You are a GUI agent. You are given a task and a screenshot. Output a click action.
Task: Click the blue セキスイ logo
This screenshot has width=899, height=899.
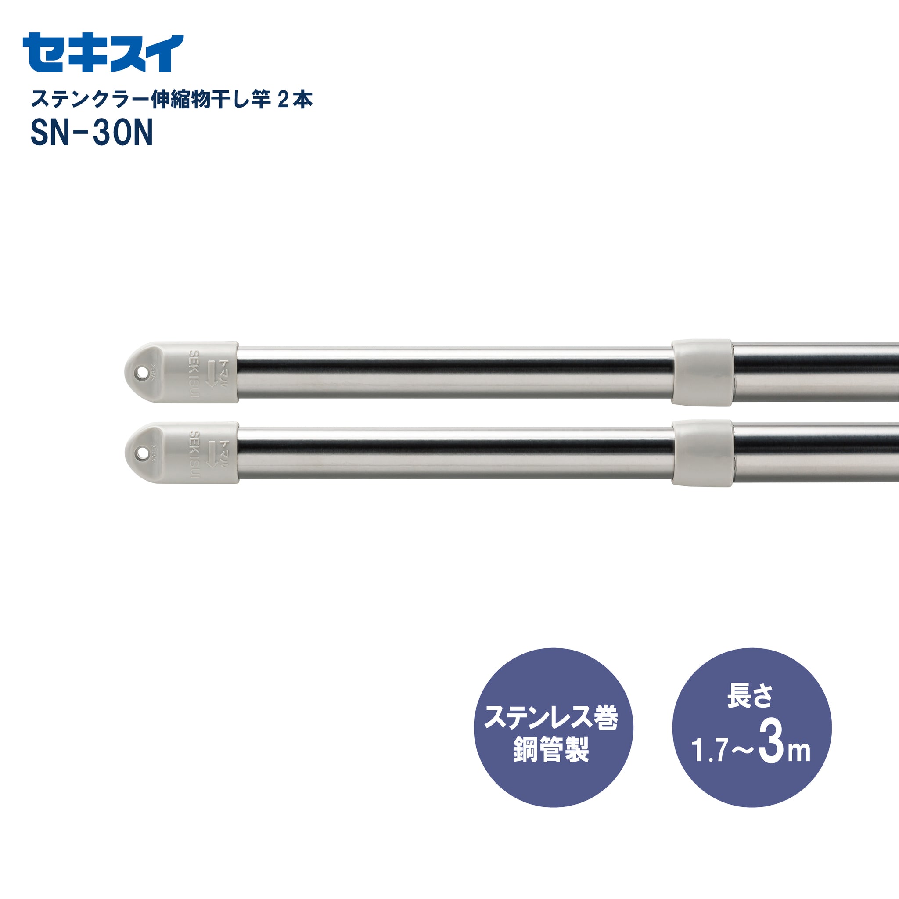[x=103, y=53]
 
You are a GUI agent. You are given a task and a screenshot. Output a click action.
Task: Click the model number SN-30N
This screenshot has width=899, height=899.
[x=92, y=133]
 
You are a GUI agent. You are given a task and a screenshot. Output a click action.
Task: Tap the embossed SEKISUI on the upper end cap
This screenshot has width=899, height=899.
[x=194, y=374]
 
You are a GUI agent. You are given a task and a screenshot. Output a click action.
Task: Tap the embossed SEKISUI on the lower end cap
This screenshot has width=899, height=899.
[x=194, y=454]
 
